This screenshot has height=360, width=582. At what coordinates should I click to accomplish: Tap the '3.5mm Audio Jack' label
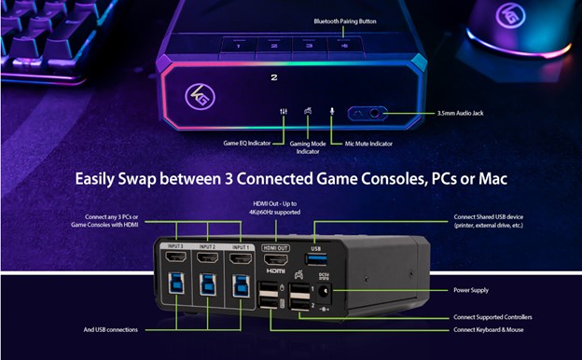click(x=460, y=113)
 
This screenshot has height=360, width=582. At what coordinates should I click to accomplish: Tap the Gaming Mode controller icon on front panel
click(x=307, y=112)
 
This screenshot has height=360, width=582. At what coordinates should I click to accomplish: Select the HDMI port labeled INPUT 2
click(x=209, y=256)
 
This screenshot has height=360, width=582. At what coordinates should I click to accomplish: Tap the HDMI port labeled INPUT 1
click(x=241, y=256)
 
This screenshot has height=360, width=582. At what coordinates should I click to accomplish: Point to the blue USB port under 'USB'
click(x=316, y=256)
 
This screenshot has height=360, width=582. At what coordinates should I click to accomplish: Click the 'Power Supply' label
click(x=471, y=290)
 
